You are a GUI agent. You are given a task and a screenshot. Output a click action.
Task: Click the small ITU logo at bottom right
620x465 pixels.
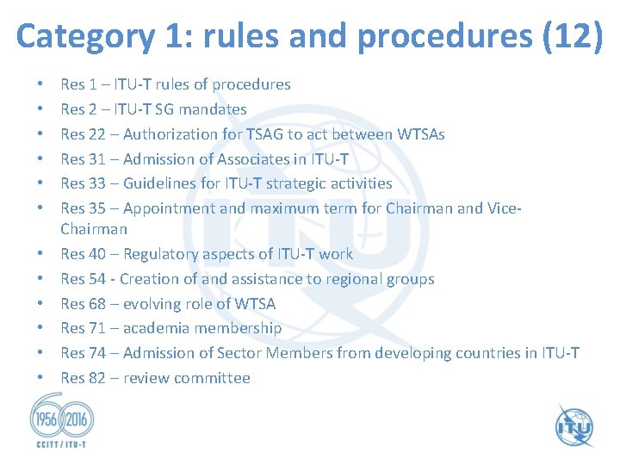pyautogui.click(x=573, y=425)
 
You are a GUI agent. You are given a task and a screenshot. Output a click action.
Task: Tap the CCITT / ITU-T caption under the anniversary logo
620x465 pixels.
pyautogui.click(x=58, y=446)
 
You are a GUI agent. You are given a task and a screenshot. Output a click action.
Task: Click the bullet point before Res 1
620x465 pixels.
pyautogui.click(x=41, y=84)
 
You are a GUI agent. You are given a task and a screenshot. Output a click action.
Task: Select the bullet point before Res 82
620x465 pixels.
pyautogui.click(x=41, y=378)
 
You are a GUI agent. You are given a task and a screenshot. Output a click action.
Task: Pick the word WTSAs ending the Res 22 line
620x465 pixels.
pyautogui.click(x=421, y=134)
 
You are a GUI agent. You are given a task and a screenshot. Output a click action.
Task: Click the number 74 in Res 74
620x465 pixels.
pyautogui.click(x=97, y=353)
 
